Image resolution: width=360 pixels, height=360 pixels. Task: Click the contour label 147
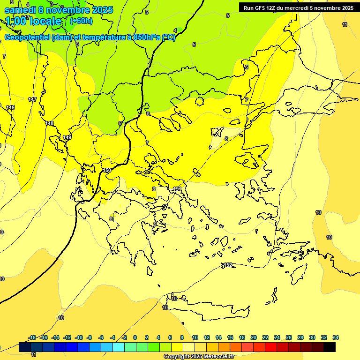[32, 99]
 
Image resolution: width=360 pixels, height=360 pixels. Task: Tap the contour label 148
[49, 123]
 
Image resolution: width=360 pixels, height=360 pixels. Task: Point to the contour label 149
[67, 137]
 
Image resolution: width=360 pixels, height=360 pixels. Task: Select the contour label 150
[107, 170]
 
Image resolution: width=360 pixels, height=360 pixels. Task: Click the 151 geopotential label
[177, 189]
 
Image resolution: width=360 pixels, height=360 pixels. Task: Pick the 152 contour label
[228, 265]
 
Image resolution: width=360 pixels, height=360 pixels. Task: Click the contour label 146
[11, 107]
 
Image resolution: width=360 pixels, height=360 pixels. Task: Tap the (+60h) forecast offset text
[81, 21]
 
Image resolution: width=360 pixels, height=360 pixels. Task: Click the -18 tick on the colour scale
[32, 337]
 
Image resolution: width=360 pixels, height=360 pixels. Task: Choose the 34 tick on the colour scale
[335, 337]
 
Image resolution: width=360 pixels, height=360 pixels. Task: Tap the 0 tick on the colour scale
[135, 337]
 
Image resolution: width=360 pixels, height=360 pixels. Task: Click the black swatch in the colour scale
[330, 347]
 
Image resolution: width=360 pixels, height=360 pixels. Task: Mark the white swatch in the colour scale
[189, 347]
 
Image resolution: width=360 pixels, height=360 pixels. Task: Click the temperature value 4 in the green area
[175, 30]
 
